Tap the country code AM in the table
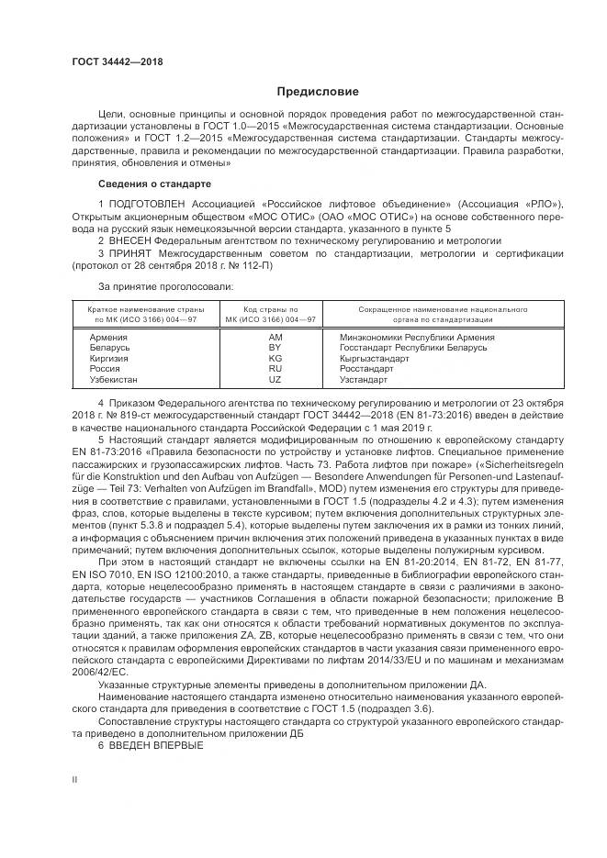coord(274,337)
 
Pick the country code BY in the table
coord(274,348)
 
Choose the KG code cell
coord(274,358)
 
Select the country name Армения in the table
coord(108,337)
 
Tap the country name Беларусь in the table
coord(110,348)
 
